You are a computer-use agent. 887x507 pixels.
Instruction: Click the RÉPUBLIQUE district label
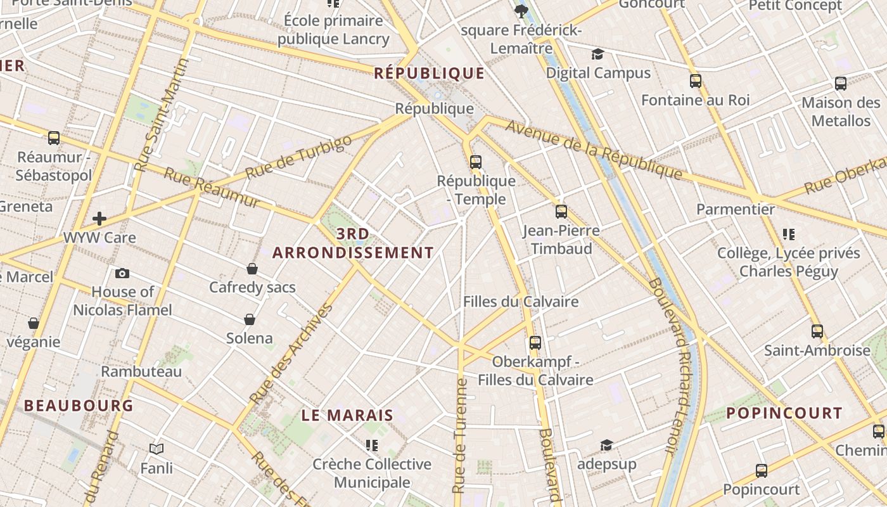(x=429, y=74)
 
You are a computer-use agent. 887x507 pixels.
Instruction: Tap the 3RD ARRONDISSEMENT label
(x=353, y=244)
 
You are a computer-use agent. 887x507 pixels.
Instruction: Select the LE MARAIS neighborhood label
(x=347, y=416)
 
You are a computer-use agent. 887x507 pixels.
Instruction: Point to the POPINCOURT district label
(x=784, y=414)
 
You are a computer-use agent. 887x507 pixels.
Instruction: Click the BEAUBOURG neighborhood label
(x=79, y=406)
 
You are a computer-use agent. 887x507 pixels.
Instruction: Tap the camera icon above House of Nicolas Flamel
(x=122, y=273)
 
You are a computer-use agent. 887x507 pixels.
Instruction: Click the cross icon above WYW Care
(x=99, y=219)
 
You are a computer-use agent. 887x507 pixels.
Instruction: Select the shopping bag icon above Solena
(x=250, y=319)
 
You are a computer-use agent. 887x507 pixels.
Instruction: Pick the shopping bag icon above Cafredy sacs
(x=252, y=269)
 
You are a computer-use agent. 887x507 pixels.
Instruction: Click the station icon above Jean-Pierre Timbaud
(x=561, y=211)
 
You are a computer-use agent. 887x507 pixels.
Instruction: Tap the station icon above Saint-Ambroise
(x=817, y=331)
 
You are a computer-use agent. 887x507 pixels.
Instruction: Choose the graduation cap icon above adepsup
(x=606, y=445)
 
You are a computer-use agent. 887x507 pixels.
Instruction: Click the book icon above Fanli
(x=156, y=449)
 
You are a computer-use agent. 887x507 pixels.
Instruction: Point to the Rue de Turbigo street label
(x=298, y=157)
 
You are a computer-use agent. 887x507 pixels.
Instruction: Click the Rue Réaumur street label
(x=212, y=188)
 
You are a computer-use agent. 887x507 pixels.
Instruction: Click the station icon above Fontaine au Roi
(x=695, y=81)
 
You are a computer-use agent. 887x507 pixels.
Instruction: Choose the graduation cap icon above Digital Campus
(x=597, y=54)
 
